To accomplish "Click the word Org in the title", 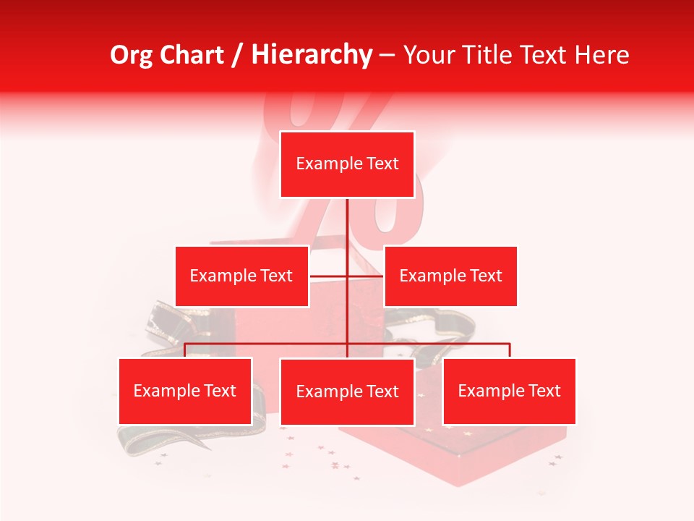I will tap(131, 55).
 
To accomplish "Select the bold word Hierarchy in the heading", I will tap(312, 55).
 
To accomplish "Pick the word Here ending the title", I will tap(601, 55).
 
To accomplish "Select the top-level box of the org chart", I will tap(347, 164).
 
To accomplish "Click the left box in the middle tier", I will tap(241, 276).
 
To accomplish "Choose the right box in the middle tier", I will tap(450, 276).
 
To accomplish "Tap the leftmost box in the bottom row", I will tap(185, 391).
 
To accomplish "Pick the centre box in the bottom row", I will tap(347, 391).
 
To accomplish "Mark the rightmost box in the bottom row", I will tap(509, 391).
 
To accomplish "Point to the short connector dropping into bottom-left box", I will tap(185, 350).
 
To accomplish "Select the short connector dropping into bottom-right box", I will tap(510, 350).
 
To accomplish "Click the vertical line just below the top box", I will tap(348, 217).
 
